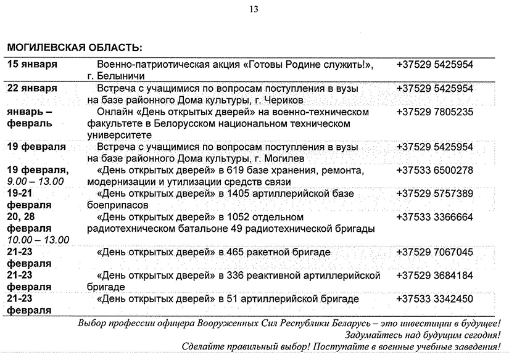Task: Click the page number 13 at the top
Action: (254, 9)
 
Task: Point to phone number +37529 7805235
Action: (435, 112)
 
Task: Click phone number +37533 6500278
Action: (435, 170)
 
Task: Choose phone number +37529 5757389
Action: (435, 194)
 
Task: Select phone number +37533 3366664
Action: (435, 217)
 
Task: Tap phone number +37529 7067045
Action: (435, 252)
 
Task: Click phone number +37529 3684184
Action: (435, 276)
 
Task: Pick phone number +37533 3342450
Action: (435, 299)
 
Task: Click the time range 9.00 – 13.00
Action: (35, 182)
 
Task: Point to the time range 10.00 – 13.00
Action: (38, 240)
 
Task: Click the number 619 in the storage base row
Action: (236, 170)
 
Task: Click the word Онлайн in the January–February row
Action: (115, 112)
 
